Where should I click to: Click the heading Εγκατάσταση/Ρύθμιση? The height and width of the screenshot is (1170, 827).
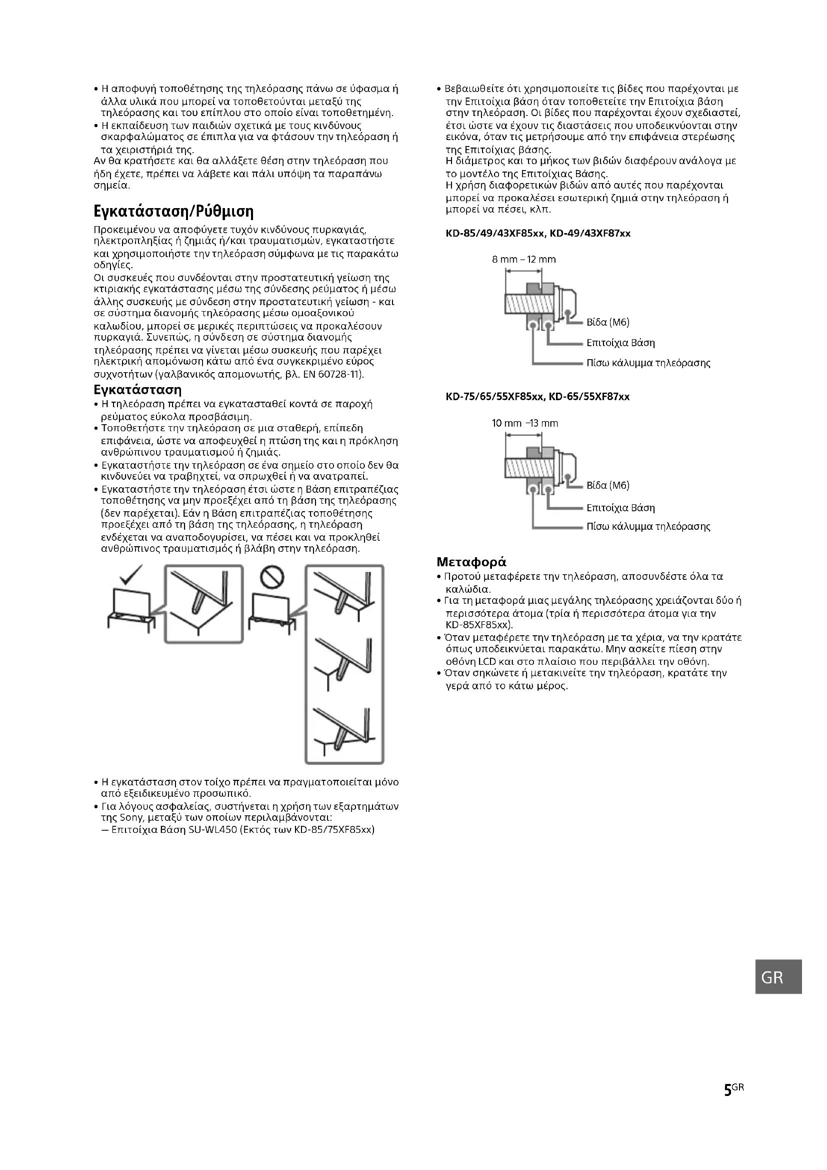tap(173, 211)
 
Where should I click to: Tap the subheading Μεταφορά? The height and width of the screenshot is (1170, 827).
tap(471, 562)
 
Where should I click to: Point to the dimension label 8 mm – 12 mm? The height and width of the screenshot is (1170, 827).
tap(523, 260)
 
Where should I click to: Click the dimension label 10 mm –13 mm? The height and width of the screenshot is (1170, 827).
tap(524, 423)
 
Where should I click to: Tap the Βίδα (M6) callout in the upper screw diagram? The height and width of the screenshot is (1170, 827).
tap(607, 322)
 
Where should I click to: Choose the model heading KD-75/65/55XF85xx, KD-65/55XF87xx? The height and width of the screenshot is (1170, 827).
tap(537, 397)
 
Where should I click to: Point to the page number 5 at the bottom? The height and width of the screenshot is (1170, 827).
tap(727, 1105)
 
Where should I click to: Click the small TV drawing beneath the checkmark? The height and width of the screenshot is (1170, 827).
tap(131, 609)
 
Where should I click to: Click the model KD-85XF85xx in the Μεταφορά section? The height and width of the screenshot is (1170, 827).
tap(478, 625)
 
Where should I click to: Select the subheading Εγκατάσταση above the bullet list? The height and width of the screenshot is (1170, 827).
tap(137, 390)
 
